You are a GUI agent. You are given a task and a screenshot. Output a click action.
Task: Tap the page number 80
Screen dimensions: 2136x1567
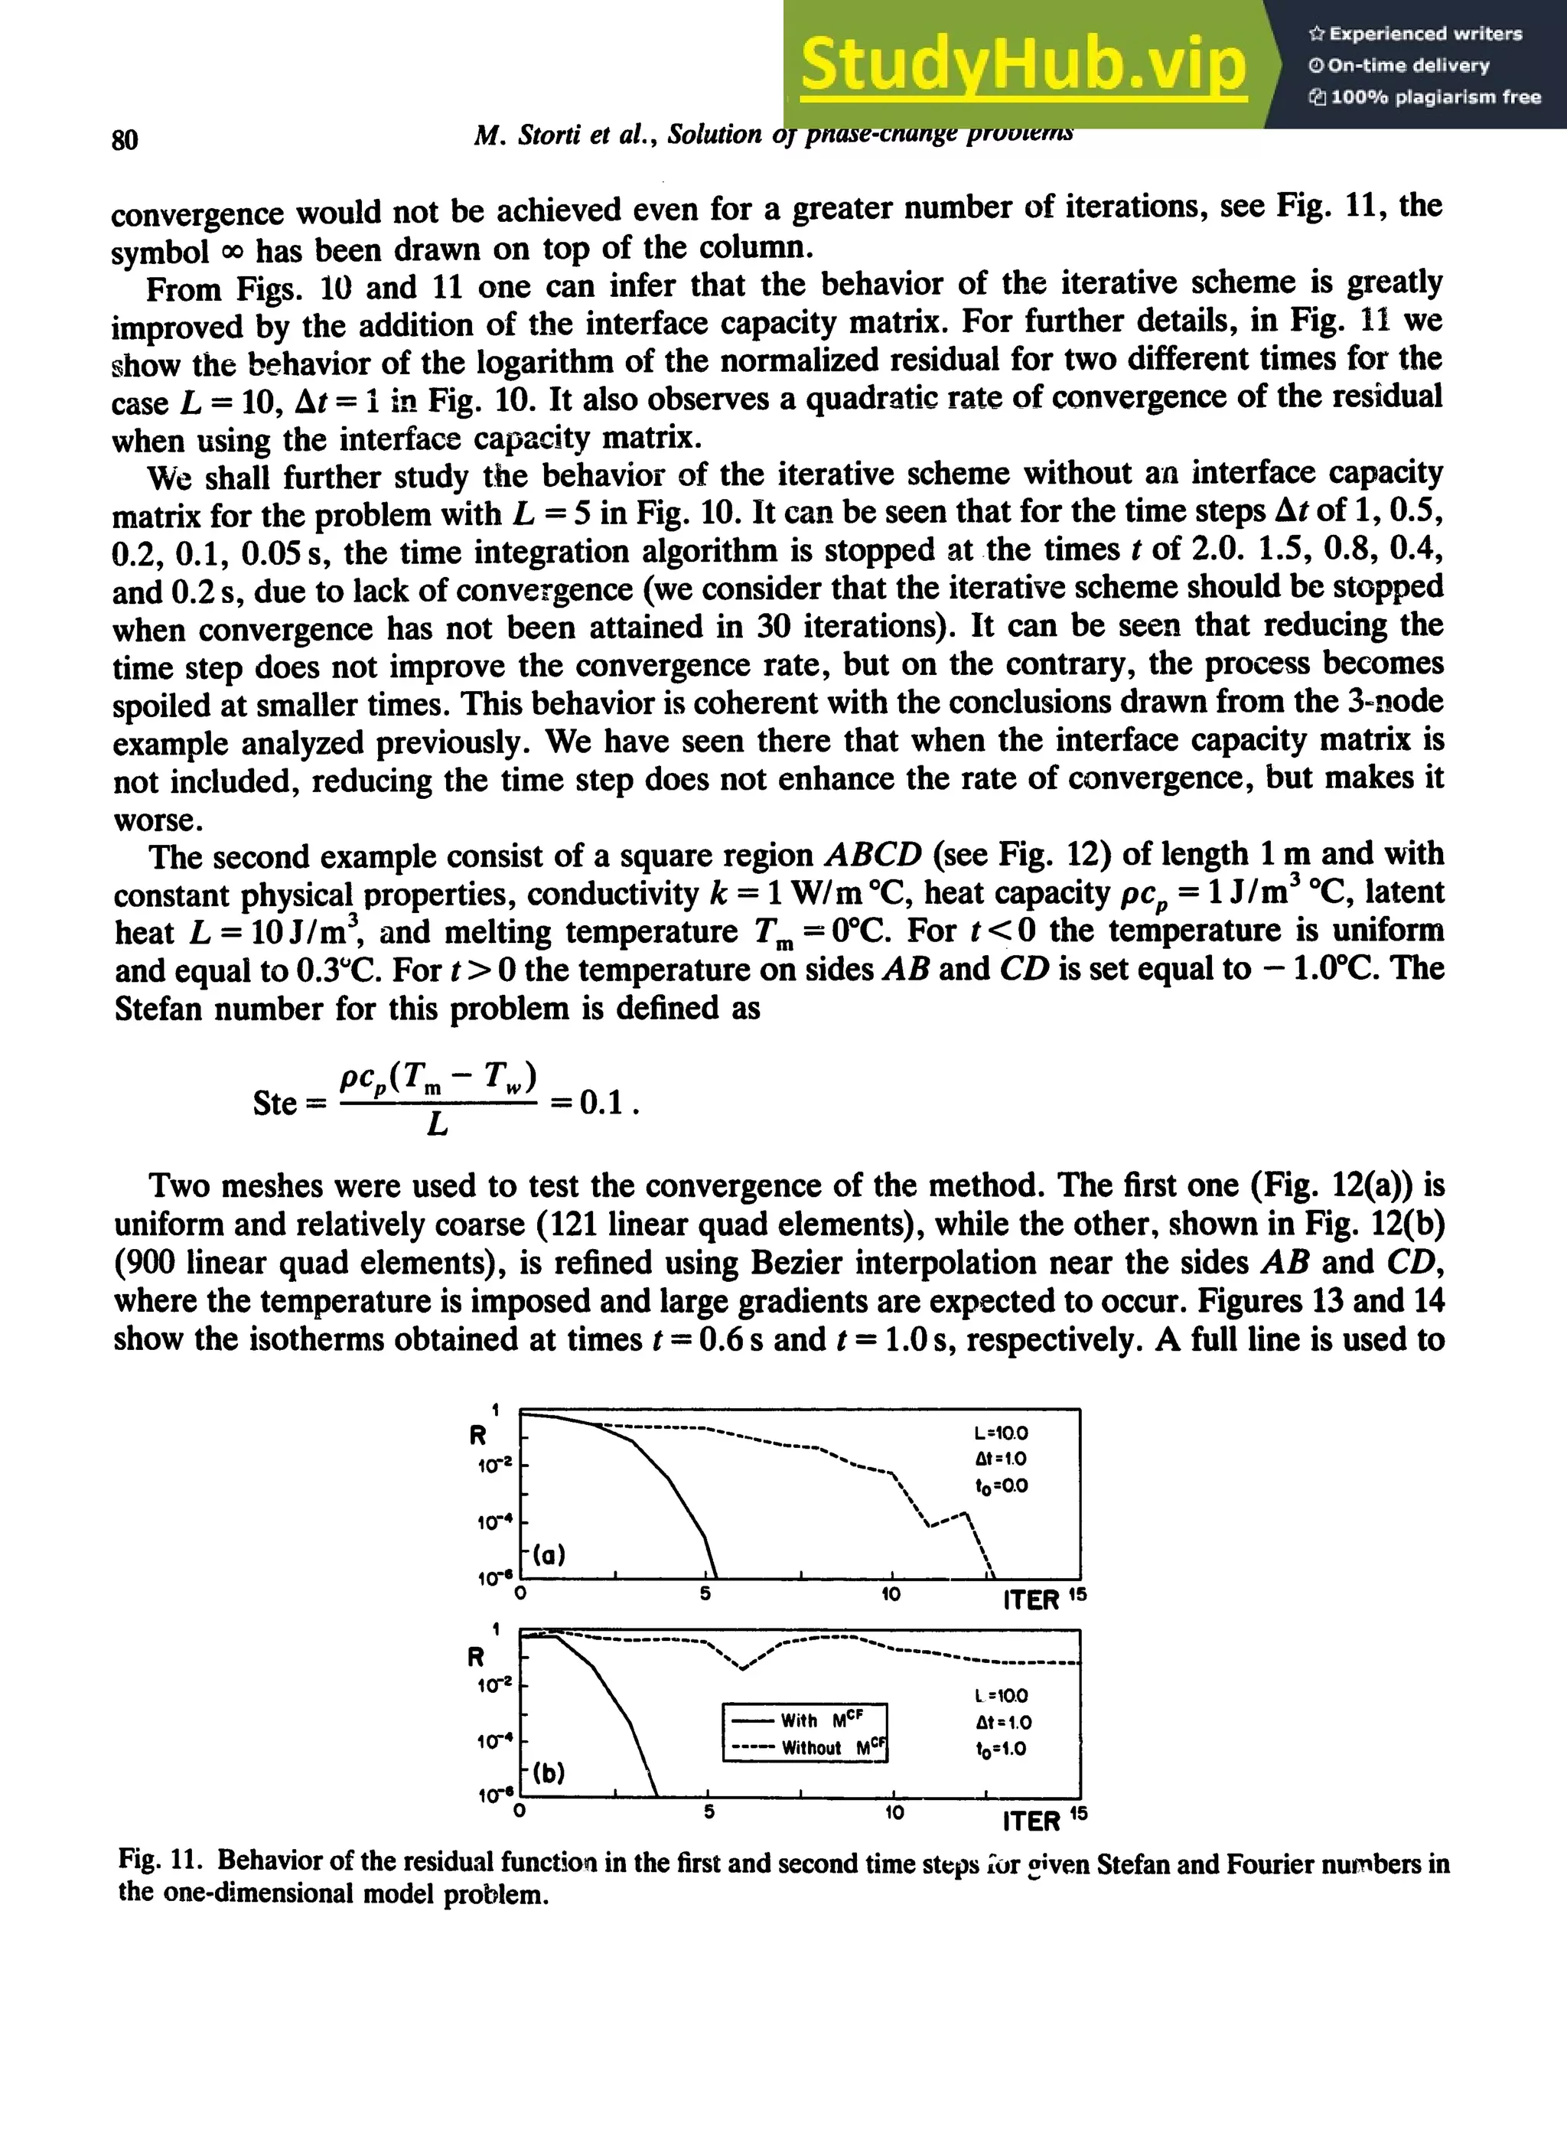tap(124, 139)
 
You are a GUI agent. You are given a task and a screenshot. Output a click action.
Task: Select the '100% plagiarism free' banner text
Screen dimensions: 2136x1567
tap(1425, 96)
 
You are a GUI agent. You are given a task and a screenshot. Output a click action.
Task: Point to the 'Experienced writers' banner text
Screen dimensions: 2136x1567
tap(1416, 34)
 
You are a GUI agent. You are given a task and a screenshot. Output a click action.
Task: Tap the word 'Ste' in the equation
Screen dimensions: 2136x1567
tap(275, 1103)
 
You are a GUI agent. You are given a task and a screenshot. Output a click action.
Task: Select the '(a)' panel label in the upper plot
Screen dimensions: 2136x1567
tap(549, 1554)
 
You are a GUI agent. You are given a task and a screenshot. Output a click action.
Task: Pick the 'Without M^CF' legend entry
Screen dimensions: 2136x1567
tap(806, 1748)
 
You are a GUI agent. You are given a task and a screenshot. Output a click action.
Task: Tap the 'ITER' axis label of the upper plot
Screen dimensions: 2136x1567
tap(1031, 1600)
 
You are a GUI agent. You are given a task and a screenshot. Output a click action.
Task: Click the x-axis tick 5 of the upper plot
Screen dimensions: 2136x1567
tap(705, 1594)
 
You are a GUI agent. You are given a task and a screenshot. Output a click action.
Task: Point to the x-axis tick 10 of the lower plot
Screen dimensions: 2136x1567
tap(894, 1812)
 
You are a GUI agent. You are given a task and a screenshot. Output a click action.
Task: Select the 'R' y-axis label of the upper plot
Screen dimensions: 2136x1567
tap(478, 1435)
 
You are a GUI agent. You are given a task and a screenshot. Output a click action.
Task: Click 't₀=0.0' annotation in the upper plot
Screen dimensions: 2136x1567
tap(1001, 1486)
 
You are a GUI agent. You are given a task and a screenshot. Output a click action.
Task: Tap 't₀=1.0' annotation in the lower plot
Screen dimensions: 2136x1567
tap(1001, 1749)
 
